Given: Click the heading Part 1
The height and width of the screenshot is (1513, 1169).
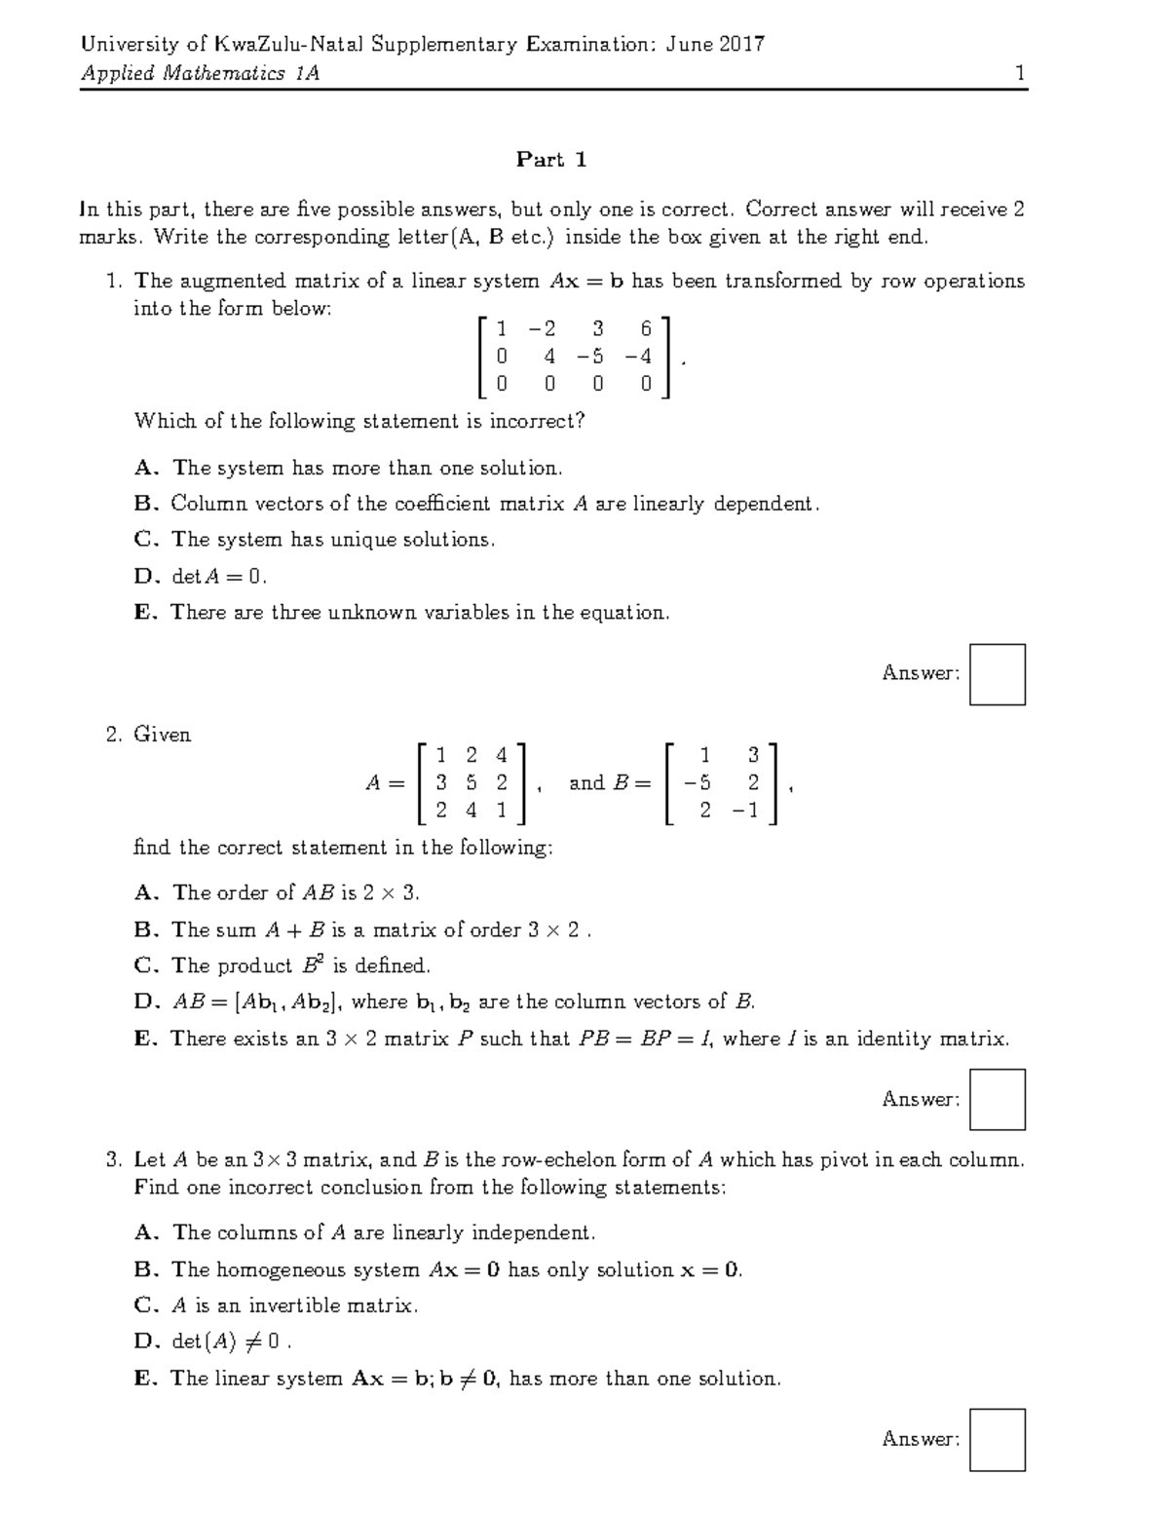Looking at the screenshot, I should click(551, 160).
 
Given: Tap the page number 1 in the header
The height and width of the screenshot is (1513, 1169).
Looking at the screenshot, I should click(1019, 73).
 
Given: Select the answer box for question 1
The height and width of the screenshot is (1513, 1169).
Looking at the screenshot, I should click(998, 674).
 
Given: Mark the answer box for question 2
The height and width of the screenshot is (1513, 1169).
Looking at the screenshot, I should click(998, 1100).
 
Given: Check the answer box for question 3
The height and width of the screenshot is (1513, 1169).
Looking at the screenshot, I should click(998, 1439).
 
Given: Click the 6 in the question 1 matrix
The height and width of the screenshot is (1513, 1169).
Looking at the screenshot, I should click(645, 329).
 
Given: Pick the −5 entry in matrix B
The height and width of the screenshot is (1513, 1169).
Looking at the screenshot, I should click(698, 782).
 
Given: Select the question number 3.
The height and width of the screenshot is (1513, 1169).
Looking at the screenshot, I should click(113, 1160).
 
